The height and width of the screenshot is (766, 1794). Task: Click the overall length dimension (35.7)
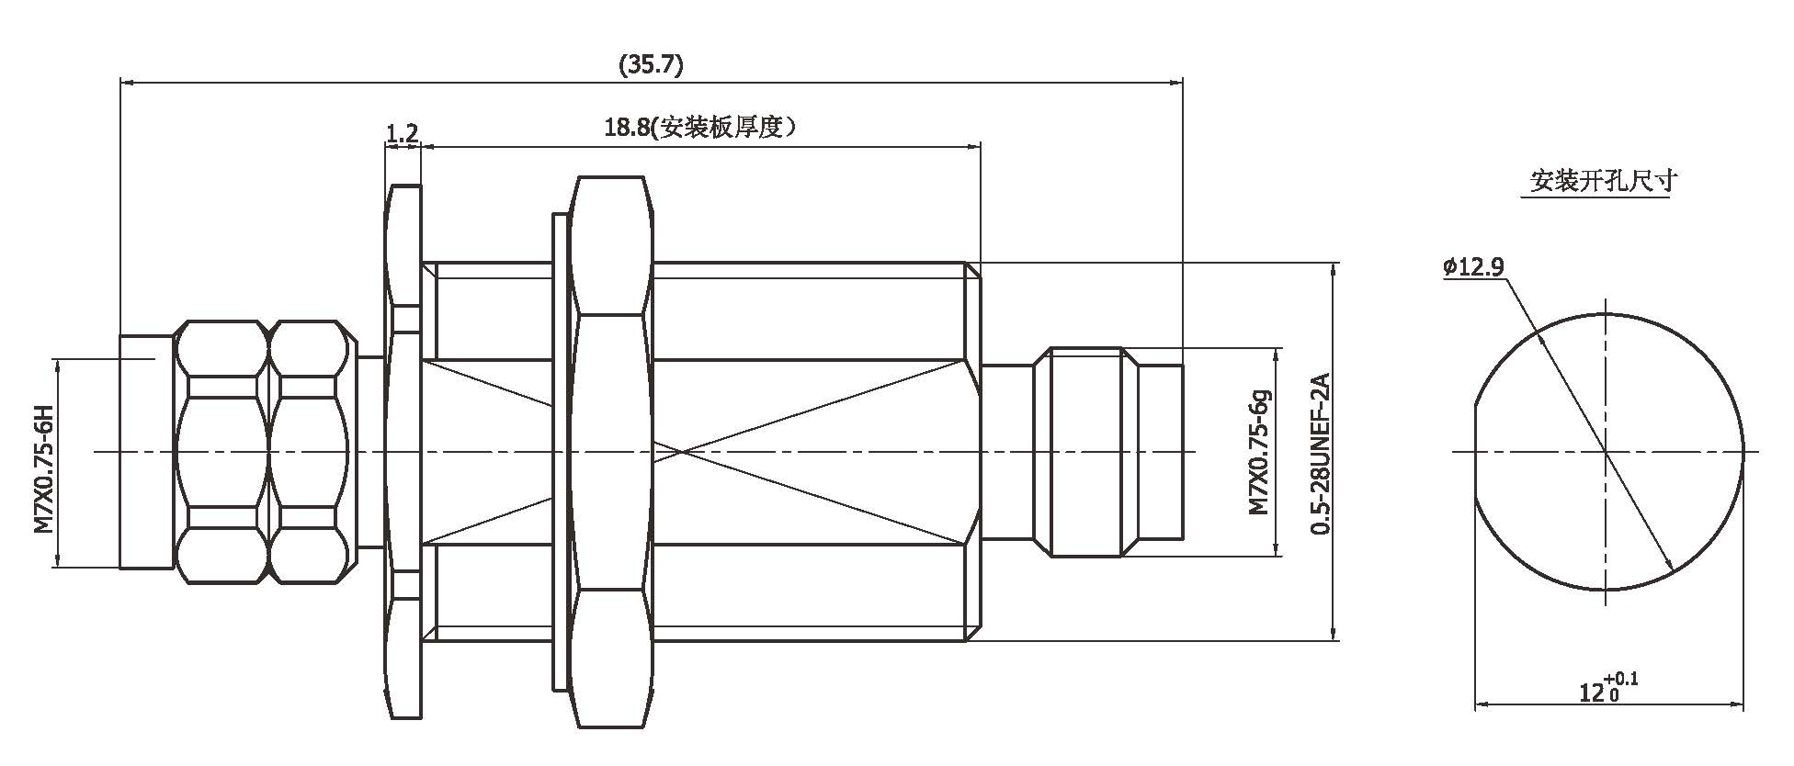(651, 65)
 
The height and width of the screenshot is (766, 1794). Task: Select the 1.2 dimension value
(402, 134)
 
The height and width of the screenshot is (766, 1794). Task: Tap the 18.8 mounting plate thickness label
(698, 128)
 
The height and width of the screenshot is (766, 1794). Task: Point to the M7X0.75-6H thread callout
(42, 468)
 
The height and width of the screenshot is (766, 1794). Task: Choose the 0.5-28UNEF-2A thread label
(1321, 453)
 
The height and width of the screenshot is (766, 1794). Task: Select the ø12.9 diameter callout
(1473, 267)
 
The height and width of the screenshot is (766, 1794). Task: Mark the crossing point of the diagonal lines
(679, 452)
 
